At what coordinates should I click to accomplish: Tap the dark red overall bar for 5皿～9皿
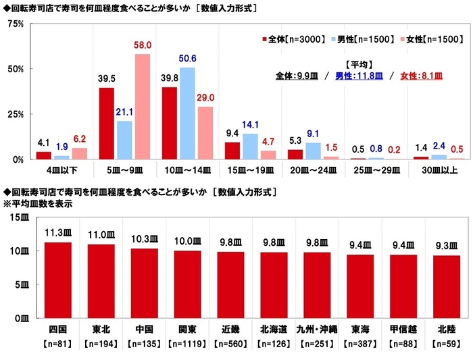(107, 124)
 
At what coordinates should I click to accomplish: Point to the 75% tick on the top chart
(15, 24)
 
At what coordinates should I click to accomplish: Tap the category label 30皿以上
(437, 172)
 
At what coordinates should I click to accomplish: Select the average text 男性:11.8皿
(363, 76)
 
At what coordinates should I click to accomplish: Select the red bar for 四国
(57, 280)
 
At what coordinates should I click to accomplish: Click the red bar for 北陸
(447, 286)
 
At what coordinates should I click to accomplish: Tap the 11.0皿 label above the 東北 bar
(101, 234)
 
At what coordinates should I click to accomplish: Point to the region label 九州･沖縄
(317, 330)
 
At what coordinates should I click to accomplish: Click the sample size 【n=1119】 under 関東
(187, 343)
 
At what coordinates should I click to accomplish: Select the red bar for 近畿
(230, 284)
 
